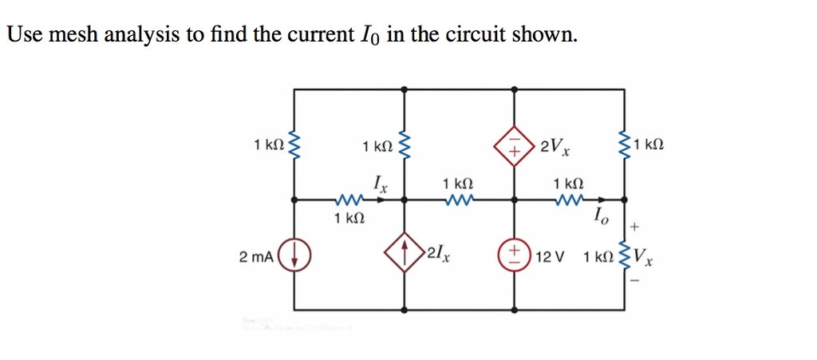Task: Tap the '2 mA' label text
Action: [257, 257]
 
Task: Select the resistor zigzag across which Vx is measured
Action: [624, 256]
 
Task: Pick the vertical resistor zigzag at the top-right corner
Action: [624, 145]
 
